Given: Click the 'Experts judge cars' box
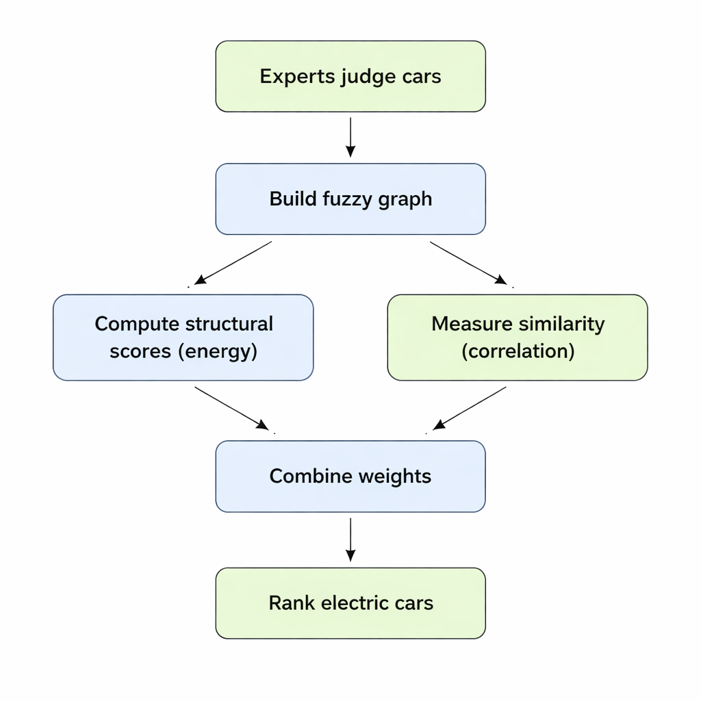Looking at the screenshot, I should tap(350, 76).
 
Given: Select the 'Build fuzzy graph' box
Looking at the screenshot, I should tap(350, 199).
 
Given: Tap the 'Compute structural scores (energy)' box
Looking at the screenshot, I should tap(183, 337).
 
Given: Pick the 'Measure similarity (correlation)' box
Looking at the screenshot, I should tap(518, 337).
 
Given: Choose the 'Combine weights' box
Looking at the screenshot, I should tap(350, 476).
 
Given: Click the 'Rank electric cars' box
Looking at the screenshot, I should tap(350, 603).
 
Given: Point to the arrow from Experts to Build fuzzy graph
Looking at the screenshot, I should tap(350, 137).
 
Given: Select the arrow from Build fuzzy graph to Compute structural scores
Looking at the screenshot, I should tap(233, 262).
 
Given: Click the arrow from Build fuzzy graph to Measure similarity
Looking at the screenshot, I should tap(468, 262).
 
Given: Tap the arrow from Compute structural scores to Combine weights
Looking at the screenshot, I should tap(231, 408).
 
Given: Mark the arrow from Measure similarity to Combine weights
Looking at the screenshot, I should tap(470, 408).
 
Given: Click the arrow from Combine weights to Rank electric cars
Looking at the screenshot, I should tap(350, 539).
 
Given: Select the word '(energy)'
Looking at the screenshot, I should tap(218, 351).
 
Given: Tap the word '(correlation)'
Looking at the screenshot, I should tap(518, 351).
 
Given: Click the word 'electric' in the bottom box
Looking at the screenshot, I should tap(353, 603).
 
